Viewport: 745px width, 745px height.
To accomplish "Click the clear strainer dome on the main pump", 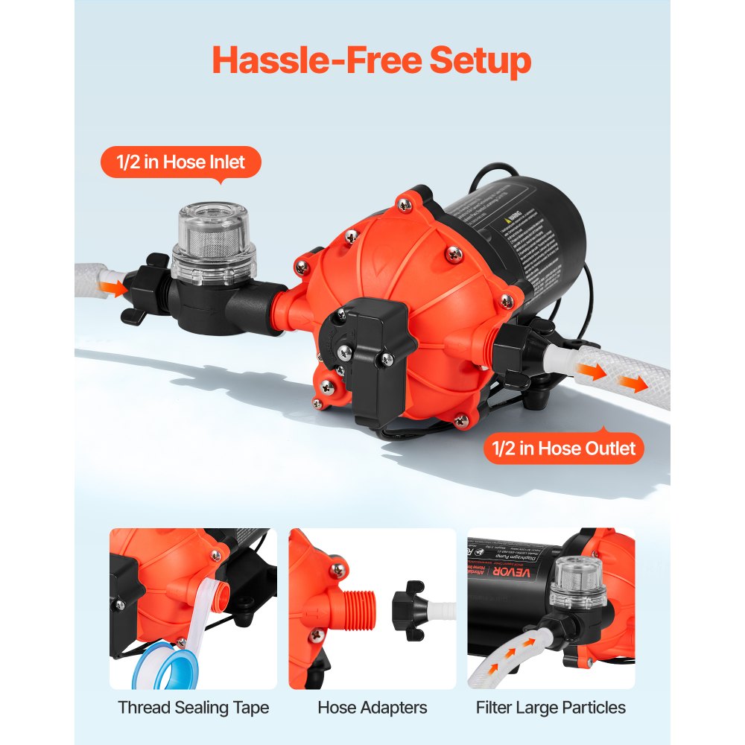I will point(213,237).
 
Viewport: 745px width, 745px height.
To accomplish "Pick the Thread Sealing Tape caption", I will point(193,707).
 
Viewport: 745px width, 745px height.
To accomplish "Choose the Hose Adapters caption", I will point(372,707).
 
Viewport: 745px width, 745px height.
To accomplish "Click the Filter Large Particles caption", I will point(551,707).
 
